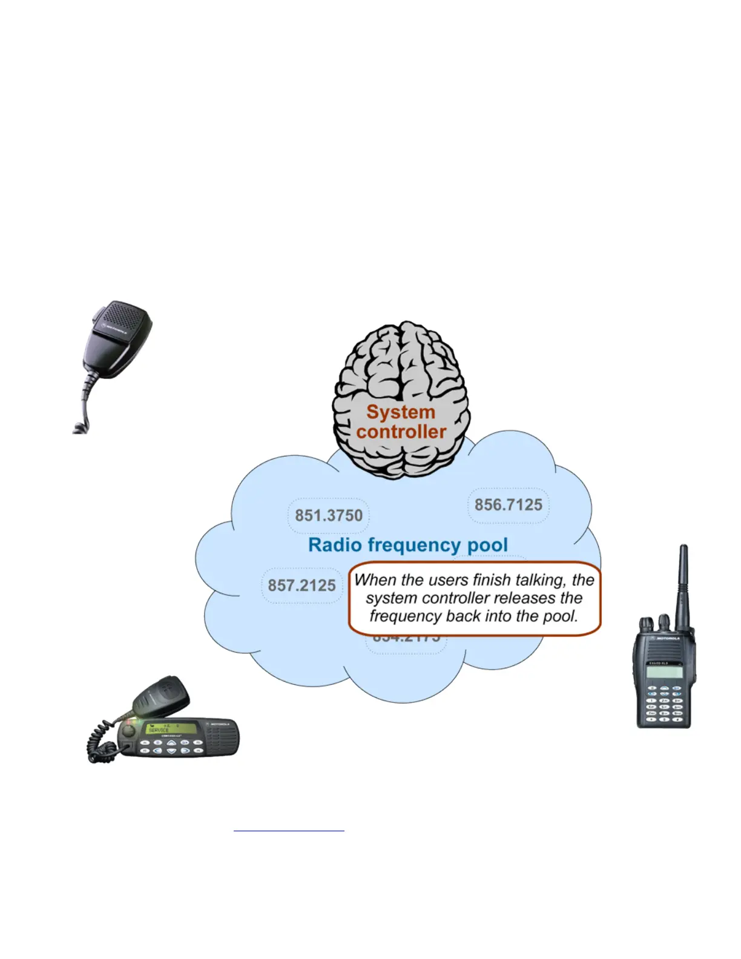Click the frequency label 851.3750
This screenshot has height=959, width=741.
328,515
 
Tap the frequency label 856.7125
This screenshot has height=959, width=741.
508,505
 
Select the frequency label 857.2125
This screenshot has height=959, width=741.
301,585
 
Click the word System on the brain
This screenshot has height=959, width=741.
401,412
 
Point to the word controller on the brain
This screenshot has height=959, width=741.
401,432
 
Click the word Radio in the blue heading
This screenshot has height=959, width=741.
335,545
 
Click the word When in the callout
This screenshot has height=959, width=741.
375,580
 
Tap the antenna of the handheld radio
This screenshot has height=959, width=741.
684,581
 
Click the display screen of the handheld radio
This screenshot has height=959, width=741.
665,672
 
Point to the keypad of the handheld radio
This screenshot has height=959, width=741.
664,705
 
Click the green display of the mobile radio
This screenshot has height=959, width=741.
173,728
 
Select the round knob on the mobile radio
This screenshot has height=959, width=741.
128,731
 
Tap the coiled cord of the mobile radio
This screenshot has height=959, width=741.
97,741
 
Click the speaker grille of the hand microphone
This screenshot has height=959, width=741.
125,317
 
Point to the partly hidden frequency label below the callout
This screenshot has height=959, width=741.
406,640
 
